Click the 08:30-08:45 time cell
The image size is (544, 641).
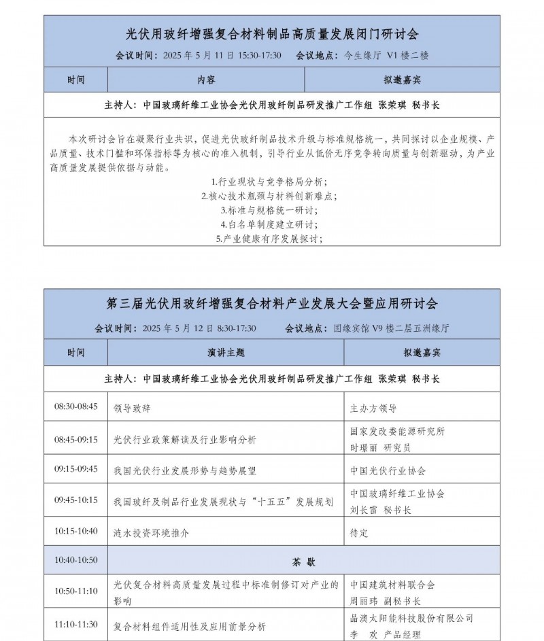(75, 406)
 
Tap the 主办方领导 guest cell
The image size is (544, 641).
(373, 409)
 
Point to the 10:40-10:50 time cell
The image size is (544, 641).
(75, 560)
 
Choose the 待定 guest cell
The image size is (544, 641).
(359, 533)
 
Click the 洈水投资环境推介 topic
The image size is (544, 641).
(151, 533)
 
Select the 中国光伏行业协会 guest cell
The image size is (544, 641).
(388, 470)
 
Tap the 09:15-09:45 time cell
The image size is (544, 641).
(75, 469)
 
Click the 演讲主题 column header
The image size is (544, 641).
(226, 353)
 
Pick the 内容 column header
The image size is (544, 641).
(207, 80)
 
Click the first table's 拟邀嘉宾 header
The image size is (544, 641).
(402, 80)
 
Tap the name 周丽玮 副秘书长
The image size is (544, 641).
(385, 601)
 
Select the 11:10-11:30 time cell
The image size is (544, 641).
(75, 624)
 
